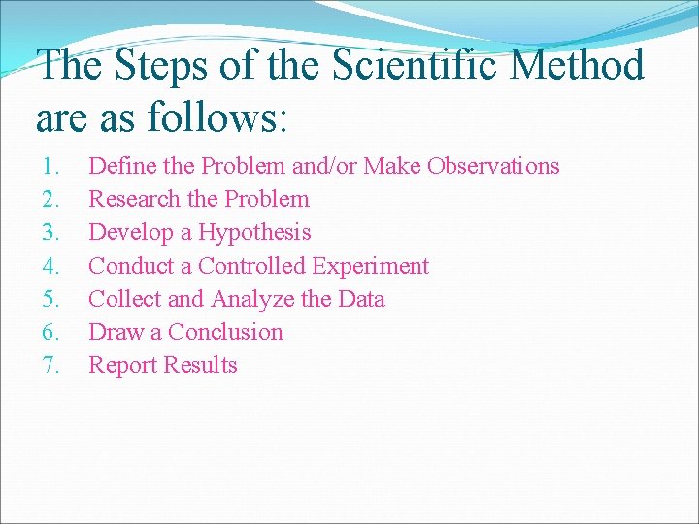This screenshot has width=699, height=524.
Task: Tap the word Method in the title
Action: [579, 67]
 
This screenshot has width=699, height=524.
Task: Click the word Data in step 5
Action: [361, 299]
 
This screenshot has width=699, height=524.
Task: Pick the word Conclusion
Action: [225, 332]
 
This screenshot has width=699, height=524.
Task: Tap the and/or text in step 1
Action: [324, 166]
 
